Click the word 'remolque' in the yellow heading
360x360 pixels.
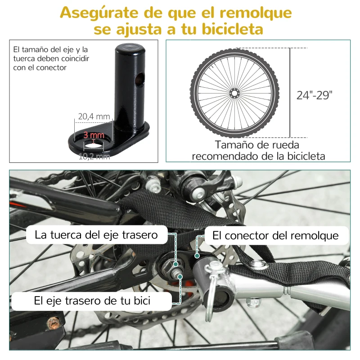point(254,13)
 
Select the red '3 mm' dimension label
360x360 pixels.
point(94,135)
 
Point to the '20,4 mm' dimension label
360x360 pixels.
point(94,117)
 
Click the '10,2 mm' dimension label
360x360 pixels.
point(94,157)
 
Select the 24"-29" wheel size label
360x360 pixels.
point(315,95)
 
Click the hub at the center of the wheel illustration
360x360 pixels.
point(234,92)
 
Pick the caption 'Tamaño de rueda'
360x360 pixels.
point(257,145)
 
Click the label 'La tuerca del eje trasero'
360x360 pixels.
point(96,234)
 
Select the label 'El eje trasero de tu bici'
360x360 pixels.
point(92,301)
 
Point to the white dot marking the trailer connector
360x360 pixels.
point(197,255)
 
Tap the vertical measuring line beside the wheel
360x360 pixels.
point(289,92)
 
